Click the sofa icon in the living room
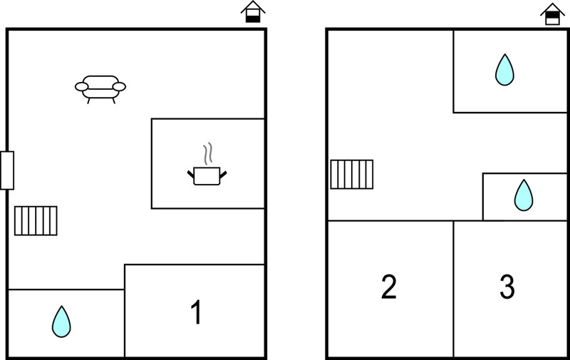click(100, 89)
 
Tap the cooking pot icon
click(207, 176)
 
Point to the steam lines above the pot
click(207, 153)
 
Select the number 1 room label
click(197, 312)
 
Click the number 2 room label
click(388, 287)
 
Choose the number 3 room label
click(507, 287)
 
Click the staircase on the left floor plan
click(36, 221)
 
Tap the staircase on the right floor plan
click(351, 175)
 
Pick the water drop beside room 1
click(61, 322)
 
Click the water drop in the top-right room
click(504, 70)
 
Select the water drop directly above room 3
click(524, 195)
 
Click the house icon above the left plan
click(253, 12)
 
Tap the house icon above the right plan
click(553, 14)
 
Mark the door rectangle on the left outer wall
click(7, 170)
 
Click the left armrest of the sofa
click(81, 86)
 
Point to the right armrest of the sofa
click(119, 86)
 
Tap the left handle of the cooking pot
click(191, 174)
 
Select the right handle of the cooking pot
click(223, 175)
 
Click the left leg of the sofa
click(88, 101)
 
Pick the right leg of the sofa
click(113, 101)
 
